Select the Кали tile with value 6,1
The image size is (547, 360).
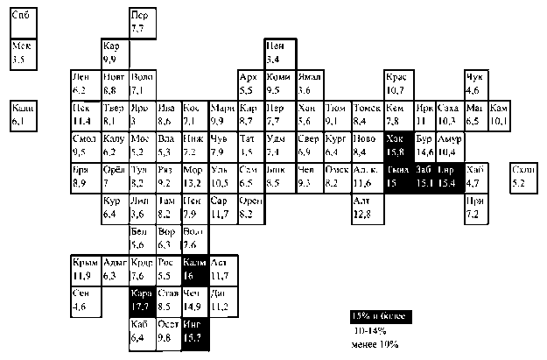coord(23,115)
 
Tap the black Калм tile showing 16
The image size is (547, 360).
coord(195,270)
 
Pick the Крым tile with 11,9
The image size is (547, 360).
coord(84,270)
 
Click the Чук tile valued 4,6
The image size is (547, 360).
coord(475,84)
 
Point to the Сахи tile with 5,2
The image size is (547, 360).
coord(521,176)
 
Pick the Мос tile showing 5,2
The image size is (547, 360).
coord(140,145)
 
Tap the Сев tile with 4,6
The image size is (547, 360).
coord(84,300)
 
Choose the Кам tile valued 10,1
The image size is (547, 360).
coord(499,115)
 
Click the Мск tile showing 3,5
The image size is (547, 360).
coord(23,54)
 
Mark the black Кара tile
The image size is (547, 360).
coord(140,300)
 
